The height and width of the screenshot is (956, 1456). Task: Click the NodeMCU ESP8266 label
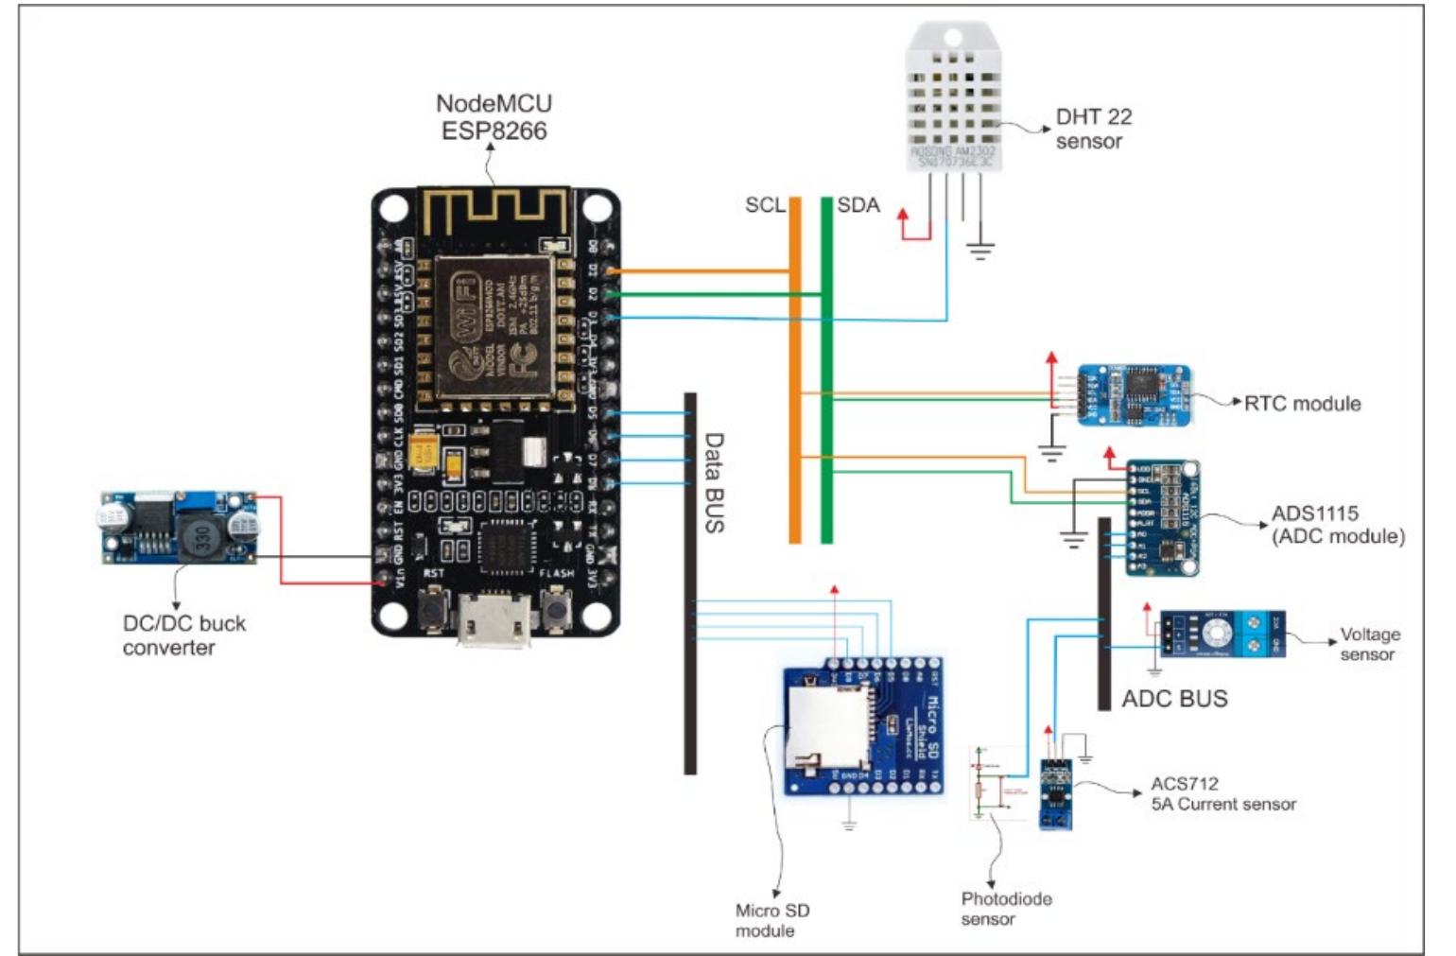pyautogui.click(x=494, y=117)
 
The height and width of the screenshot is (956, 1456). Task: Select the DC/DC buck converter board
pyautogui.click(x=179, y=528)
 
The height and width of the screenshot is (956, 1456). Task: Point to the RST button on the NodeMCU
pyautogui.click(x=433, y=609)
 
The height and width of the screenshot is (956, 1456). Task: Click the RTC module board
pyautogui.click(x=1134, y=394)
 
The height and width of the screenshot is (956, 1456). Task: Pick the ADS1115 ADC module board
pyautogui.click(x=1163, y=518)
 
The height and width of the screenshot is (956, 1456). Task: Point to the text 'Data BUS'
pyautogui.click(x=715, y=482)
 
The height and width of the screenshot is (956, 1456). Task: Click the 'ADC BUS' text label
pyautogui.click(x=1174, y=699)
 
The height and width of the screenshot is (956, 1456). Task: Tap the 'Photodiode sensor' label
pyautogui.click(x=1005, y=908)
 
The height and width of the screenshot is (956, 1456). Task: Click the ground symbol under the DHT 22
pyautogui.click(x=979, y=251)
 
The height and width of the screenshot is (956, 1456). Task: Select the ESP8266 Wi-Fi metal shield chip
pyautogui.click(x=484, y=325)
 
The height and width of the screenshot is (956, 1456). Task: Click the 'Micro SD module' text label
pyautogui.click(x=771, y=920)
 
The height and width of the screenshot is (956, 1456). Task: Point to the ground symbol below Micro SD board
pyautogui.click(x=849, y=825)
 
